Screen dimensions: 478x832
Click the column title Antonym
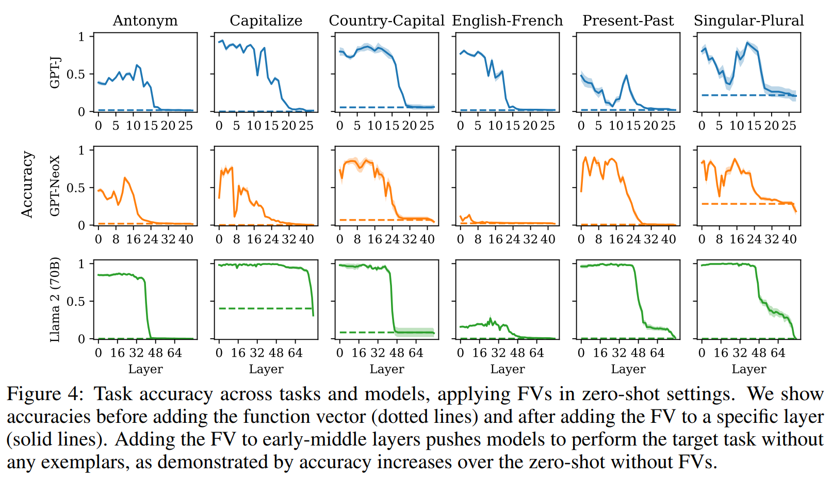145,21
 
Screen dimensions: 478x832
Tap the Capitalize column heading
266,21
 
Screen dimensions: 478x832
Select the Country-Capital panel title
386,21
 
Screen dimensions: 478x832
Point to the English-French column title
507,21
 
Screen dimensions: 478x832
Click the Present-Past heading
628,21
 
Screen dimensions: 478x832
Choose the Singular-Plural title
748,21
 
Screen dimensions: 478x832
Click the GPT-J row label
55,73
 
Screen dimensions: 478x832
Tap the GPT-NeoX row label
55,186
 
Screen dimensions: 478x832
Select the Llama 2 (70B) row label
55,300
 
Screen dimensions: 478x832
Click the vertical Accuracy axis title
27,185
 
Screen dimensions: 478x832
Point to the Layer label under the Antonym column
145,369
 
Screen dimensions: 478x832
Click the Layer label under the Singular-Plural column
748,369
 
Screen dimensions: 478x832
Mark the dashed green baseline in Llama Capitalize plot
258,308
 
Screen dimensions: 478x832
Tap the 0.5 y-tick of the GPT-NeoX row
75,188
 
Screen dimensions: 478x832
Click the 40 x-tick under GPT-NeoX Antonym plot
186,239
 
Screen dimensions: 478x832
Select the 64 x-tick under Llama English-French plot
536,353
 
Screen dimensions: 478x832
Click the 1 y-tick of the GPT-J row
81,37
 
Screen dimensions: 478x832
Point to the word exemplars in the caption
83,462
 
